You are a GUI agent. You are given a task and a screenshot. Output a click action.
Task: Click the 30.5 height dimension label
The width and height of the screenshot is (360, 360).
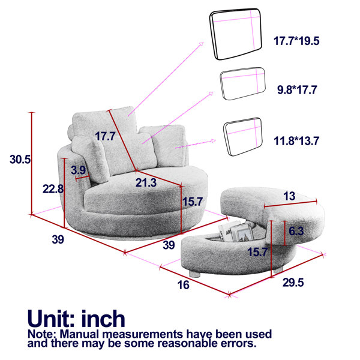20,160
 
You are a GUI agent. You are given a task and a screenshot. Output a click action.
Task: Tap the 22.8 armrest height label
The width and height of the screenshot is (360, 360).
53,189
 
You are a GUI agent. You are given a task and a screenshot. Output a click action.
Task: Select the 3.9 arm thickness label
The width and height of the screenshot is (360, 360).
78,170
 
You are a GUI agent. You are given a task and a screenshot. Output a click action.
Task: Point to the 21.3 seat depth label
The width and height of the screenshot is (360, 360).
146,183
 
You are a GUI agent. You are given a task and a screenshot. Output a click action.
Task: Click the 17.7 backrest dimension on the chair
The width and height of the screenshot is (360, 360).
105,136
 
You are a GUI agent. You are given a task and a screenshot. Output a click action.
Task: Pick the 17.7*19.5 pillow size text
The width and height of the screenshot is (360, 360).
296,41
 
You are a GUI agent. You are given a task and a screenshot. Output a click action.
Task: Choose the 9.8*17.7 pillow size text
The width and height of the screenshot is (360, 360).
297,90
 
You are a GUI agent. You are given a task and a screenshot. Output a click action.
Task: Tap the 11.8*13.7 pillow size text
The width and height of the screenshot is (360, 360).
296,141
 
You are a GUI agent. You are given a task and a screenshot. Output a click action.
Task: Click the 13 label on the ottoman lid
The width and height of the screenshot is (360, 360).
289,196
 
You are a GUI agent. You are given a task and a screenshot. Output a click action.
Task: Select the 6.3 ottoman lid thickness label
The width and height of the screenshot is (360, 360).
296,231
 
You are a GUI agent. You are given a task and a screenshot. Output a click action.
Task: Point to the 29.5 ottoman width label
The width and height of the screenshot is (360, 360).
293,283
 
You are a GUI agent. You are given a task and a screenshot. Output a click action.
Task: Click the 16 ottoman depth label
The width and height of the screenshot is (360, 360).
183,285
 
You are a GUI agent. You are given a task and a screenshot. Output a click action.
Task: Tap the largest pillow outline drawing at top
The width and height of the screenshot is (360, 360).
236,34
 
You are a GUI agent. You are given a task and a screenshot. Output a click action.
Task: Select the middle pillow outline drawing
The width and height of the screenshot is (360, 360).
242,83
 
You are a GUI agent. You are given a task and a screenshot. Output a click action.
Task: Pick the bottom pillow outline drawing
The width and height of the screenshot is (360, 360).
243,137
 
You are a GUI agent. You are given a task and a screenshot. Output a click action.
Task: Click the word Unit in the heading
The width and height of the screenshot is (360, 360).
50,319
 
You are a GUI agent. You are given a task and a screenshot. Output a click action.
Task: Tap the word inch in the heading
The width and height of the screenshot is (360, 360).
103,319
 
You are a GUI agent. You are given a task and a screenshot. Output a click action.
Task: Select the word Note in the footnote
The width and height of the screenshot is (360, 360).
41,334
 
